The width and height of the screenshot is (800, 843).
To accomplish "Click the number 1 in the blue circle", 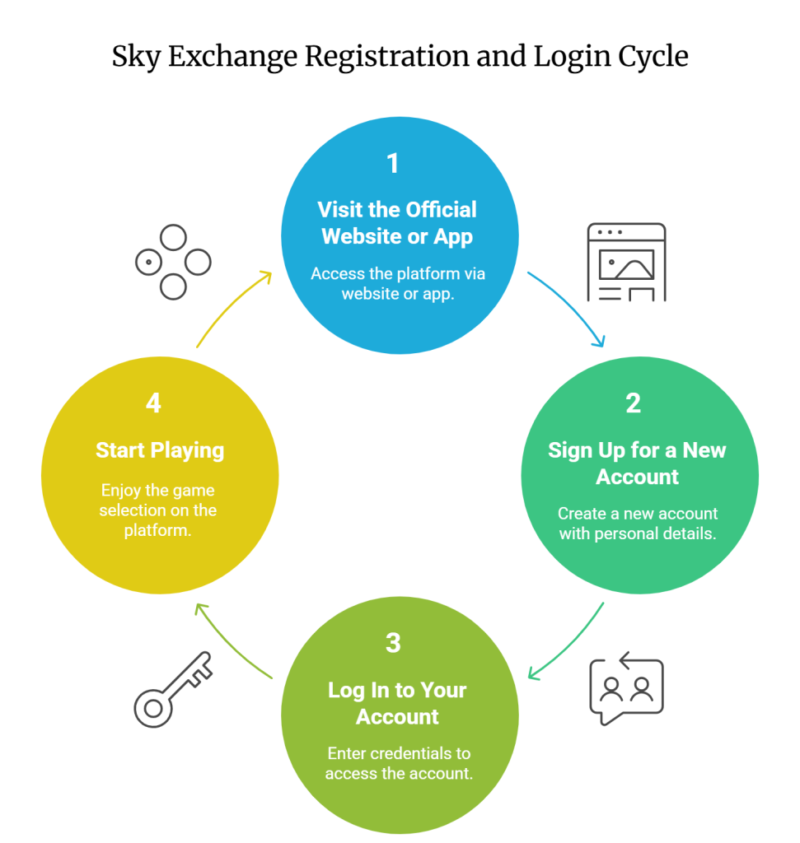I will coord(393,163).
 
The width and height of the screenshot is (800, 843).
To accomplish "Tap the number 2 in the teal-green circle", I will coord(633,403).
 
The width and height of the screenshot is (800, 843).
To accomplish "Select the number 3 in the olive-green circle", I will coord(393,643).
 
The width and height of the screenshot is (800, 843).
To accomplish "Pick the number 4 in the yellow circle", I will coord(153,403).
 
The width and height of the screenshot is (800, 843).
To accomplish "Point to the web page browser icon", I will coord(625,262).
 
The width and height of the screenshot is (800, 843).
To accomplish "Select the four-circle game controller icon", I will coord(172,263).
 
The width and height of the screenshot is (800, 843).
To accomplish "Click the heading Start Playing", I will coord(160,450).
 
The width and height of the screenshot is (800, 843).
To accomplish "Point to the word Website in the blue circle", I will coord(360,236).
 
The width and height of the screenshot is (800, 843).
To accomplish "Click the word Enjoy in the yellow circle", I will coord(120,491).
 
